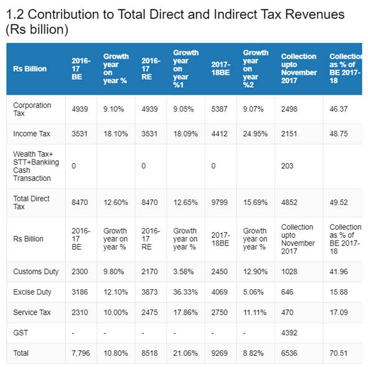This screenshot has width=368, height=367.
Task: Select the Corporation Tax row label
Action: [x=32, y=109]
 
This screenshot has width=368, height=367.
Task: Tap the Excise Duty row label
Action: [x=32, y=292]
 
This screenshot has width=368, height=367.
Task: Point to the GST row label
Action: [x=21, y=333]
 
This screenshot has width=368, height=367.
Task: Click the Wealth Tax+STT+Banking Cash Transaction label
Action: [x=36, y=166]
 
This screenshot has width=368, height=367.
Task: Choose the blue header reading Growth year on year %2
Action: [x=256, y=69]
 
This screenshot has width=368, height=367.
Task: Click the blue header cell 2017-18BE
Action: [x=221, y=69]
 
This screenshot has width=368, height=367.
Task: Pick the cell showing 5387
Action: [x=219, y=109]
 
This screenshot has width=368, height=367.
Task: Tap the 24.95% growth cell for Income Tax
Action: [x=255, y=134]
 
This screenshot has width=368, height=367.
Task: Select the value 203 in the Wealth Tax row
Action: [x=288, y=166]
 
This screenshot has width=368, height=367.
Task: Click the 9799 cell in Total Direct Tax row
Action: [x=219, y=203]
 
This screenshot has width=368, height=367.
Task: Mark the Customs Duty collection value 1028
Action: [x=289, y=272]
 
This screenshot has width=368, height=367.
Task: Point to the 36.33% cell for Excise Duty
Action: [x=185, y=292]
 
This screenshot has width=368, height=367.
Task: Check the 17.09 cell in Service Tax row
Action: [x=339, y=312]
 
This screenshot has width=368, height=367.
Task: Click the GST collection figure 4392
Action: [x=289, y=333]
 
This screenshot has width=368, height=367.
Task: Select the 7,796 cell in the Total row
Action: [x=80, y=353]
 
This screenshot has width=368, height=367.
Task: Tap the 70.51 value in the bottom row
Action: [x=339, y=353]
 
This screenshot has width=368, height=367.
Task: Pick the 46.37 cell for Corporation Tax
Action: [x=339, y=109]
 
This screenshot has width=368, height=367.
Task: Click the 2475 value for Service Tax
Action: [x=150, y=312]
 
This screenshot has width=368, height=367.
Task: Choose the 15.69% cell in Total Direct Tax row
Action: [x=255, y=203]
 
